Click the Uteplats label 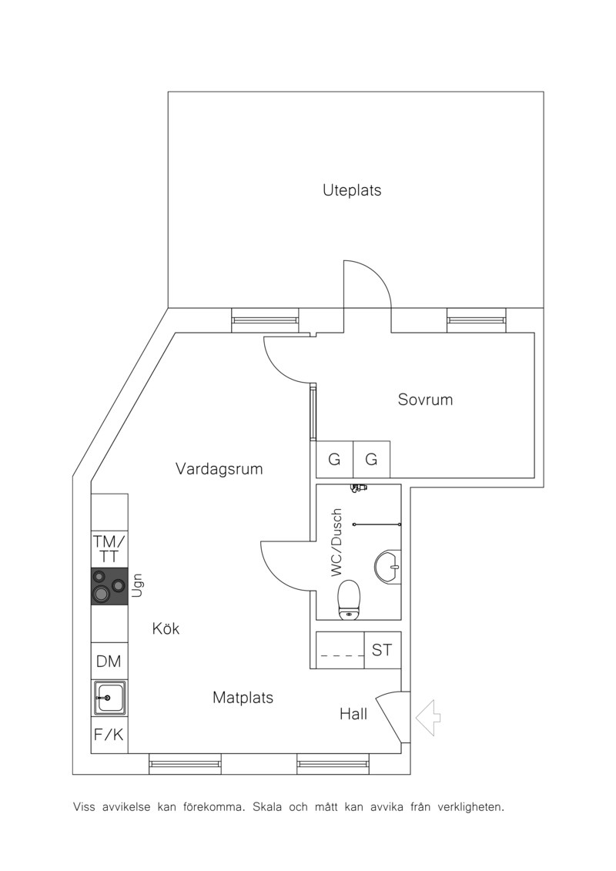(x=352, y=190)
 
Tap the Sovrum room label (x=426, y=400)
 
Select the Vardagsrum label (x=219, y=469)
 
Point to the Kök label (x=166, y=629)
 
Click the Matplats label (x=243, y=698)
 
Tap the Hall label (x=354, y=714)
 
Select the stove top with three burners (x=109, y=587)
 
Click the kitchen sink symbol (x=109, y=698)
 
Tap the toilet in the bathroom (x=350, y=599)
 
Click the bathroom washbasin (x=388, y=567)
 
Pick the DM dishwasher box (x=109, y=661)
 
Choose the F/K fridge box (x=109, y=735)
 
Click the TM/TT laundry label (x=109, y=548)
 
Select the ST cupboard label (x=382, y=650)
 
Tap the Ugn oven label (x=137, y=585)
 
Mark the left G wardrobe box (x=334, y=460)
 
